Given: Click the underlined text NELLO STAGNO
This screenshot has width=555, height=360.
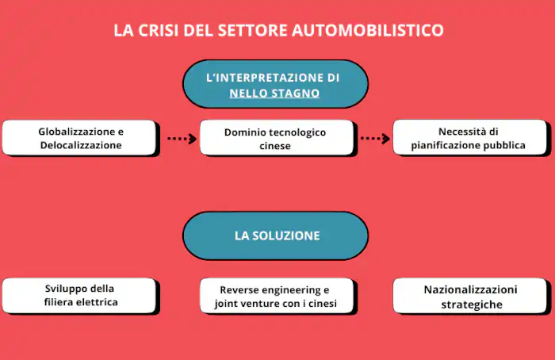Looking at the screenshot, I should (x=274, y=94).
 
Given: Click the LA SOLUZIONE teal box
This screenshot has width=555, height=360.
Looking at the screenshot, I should (x=277, y=236).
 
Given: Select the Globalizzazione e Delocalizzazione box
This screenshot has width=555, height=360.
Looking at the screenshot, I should (x=81, y=138).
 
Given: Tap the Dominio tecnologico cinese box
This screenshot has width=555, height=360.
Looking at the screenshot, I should (x=275, y=138).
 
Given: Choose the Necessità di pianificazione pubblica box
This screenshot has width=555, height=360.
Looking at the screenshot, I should (x=469, y=138).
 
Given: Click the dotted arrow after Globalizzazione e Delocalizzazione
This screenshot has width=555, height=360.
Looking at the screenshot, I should (x=182, y=139).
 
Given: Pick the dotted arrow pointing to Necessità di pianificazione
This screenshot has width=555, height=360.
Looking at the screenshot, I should (x=375, y=139).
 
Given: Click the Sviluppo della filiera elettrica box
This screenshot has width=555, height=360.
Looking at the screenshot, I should (x=80, y=295).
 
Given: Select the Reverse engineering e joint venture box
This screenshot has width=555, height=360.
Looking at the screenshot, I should (x=275, y=295).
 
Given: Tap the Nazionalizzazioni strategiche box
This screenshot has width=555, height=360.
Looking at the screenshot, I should (x=470, y=296).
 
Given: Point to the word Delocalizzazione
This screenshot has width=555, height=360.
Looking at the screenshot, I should (x=81, y=146).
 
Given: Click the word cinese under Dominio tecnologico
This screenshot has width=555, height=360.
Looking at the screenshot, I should (x=275, y=147).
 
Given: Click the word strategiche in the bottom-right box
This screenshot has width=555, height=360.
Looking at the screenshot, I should (x=471, y=304).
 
